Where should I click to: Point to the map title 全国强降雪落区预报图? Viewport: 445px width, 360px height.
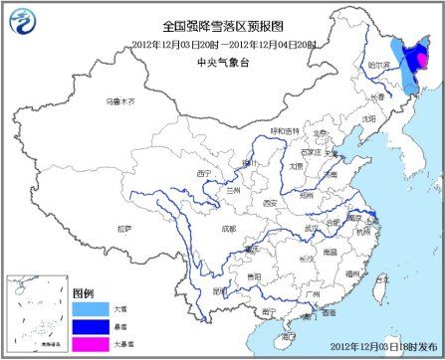222,30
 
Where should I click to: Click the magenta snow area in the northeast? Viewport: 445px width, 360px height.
419,63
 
